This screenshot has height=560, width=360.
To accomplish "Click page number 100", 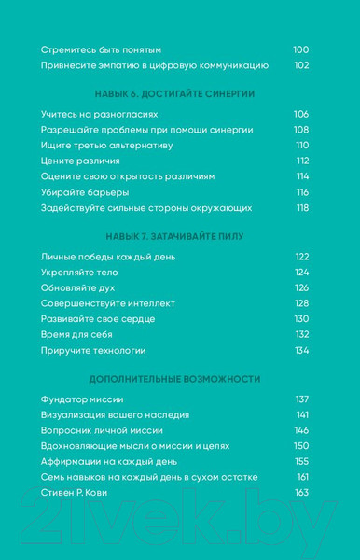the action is (300, 49).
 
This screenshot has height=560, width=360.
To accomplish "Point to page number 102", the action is (300, 65).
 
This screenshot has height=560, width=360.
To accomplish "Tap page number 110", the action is (301, 146).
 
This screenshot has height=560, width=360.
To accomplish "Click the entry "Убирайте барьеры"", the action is (85, 192).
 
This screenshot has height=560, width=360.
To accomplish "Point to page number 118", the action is (301, 208).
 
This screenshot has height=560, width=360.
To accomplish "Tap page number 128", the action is (301, 303).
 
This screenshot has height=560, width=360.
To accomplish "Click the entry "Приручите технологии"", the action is (93, 350).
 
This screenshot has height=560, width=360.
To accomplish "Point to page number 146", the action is (301, 430).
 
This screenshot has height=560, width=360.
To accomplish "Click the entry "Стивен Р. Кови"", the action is (82, 493).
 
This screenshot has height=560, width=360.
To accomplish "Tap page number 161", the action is (302, 477).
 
